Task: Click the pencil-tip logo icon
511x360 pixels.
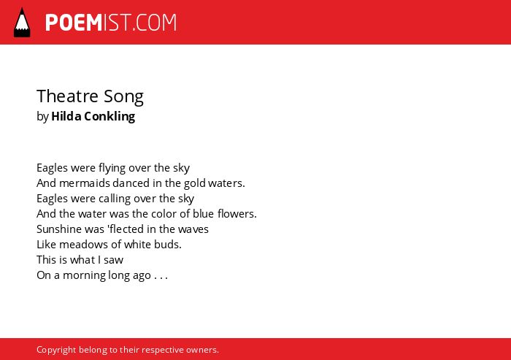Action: point(22,22)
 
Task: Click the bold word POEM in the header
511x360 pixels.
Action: point(74,23)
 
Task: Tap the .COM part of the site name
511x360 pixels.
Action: point(155,23)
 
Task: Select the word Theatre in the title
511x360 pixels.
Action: point(67,96)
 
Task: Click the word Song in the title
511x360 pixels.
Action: point(124,97)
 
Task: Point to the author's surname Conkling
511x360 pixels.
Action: point(109,116)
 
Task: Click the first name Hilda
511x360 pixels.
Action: point(66,116)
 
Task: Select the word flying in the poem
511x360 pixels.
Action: point(112,168)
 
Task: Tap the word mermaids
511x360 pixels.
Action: point(85,183)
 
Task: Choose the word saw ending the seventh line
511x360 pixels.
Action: point(113,260)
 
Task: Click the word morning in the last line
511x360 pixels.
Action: point(85,275)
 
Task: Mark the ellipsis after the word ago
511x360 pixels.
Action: point(161,278)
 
